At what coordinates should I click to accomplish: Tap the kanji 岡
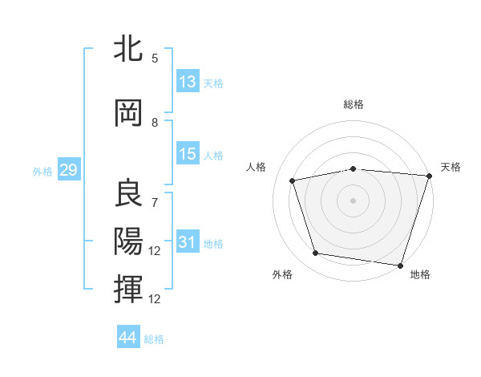(129, 113)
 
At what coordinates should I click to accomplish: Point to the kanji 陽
(129, 241)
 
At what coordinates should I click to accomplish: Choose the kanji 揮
(129, 288)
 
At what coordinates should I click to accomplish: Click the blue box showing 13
(188, 82)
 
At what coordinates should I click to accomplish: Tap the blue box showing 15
(188, 154)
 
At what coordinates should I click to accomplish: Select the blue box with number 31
(188, 242)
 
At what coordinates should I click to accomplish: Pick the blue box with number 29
(68, 170)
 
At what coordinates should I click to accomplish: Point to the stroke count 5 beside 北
(155, 59)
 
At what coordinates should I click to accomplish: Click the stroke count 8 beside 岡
(155, 123)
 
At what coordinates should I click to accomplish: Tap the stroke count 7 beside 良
(155, 202)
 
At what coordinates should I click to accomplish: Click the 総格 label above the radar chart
(354, 104)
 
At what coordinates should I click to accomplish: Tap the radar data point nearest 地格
(400, 265)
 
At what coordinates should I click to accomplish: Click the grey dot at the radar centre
(354, 200)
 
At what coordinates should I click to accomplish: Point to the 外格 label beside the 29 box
(42, 171)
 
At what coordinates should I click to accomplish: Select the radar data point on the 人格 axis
(293, 180)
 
